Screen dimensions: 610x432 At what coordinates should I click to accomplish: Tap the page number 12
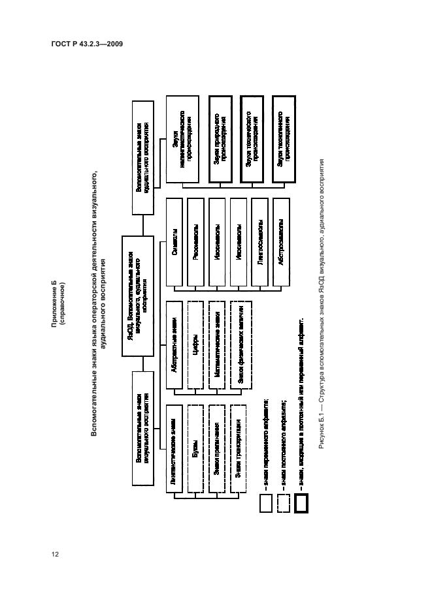point(56,555)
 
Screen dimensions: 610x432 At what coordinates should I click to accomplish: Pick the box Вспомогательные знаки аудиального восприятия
point(143,157)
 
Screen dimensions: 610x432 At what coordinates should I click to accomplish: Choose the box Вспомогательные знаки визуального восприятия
point(143,428)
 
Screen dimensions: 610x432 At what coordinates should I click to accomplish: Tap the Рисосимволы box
point(197,250)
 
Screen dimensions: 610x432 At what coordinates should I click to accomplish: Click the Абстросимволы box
point(281,250)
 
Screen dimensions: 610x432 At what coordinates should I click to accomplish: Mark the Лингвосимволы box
point(260,250)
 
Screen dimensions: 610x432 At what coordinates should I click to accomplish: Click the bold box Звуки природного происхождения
point(219,140)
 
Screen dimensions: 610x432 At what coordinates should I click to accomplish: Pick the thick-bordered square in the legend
point(303,504)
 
